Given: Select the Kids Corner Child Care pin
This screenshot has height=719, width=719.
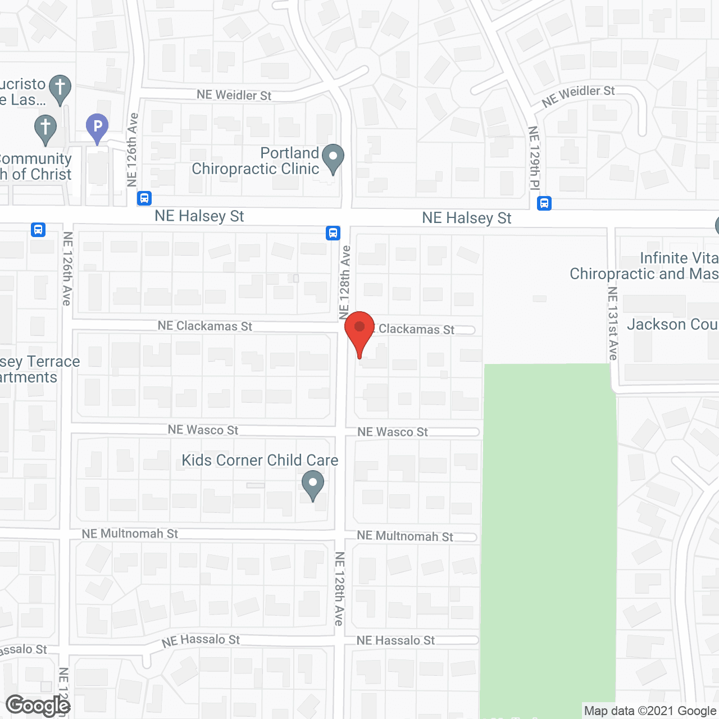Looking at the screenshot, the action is [x=313, y=484].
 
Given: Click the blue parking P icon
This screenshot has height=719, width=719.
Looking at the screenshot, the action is [x=97, y=127].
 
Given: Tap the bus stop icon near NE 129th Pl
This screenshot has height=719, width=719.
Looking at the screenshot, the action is [x=544, y=203].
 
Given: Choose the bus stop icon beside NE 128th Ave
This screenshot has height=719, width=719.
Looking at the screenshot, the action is [x=333, y=233].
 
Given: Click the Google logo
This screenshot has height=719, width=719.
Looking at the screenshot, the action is [x=38, y=706].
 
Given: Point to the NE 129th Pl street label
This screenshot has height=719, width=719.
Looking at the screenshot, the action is [x=534, y=158].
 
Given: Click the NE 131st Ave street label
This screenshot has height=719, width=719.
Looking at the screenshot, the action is [x=613, y=324].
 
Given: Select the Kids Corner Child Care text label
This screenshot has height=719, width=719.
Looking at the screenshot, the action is [x=260, y=460].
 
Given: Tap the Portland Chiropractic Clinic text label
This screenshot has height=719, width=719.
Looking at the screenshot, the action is [x=256, y=161].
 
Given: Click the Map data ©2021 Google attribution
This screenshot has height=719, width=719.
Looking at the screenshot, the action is [x=650, y=711].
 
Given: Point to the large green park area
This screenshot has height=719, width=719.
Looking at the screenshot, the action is [x=548, y=534].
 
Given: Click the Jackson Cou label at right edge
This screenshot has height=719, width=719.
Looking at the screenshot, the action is [x=672, y=325].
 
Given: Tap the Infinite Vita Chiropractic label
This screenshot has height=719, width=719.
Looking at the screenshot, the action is [x=644, y=266].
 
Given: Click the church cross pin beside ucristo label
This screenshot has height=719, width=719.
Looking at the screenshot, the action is [x=60, y=88].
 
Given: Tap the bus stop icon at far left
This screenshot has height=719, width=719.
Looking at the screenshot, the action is [x=38, y=229].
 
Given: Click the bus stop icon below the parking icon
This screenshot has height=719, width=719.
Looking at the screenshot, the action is [x=144, y=198].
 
